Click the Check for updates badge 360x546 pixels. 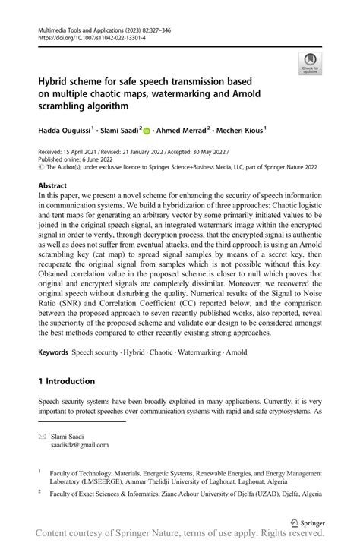[310, 64]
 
